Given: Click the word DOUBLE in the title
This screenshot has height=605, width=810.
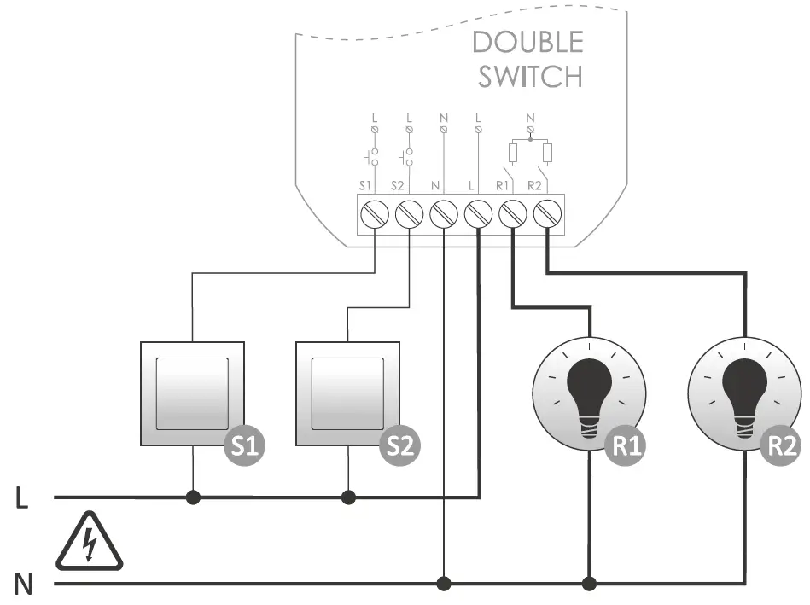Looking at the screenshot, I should click(527, 43).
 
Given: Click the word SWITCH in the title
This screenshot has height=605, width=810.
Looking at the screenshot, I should click(530, 76).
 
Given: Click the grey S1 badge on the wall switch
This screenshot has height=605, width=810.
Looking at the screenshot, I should click(245, 445).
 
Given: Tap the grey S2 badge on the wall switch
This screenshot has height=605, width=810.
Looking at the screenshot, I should click(400, 445).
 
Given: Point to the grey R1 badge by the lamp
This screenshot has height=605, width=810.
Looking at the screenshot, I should click(629, 445).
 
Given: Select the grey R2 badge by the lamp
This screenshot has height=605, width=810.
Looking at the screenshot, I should click(783, 445).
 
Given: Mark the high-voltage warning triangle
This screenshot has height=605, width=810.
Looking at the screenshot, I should click(89, 543).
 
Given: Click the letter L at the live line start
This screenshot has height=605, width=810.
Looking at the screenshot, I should click(23, 498).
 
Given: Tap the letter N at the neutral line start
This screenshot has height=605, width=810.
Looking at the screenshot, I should click(24, 585).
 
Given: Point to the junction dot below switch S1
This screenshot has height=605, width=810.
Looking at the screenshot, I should click(193, 497).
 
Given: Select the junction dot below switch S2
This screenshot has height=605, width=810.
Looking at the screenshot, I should click(348, 497).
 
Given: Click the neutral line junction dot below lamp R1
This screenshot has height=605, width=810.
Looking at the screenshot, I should click(589, 584).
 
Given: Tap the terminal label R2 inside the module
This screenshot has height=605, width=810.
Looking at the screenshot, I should click(535, 184).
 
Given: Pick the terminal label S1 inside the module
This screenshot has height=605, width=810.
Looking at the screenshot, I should click(365, 184).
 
